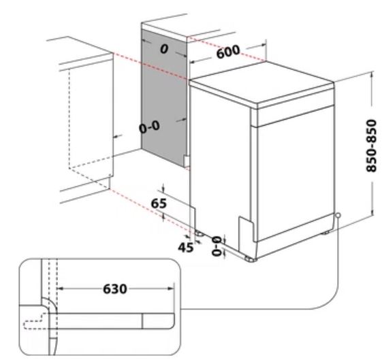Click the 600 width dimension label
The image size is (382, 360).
(x=228, y=52)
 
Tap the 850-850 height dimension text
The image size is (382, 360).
(x=372, y=146)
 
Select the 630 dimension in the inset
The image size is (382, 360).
(x=115, y=289)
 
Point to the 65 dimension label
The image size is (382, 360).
(x=159, y=203)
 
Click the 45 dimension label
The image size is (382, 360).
(x=186, y=248)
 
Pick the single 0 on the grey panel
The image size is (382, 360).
(x=164, y=49)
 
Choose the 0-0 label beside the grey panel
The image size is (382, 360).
(x=149, y=127)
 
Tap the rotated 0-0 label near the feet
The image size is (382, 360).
(x=217, y=246)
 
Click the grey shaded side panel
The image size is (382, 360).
(x=164, y=97)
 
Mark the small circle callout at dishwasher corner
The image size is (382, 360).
(x=338, y=215)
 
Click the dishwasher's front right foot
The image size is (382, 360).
(x=251, y=259)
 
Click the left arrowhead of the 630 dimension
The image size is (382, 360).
(x=60, y=289)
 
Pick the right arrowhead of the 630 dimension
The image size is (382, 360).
(x=172, y=289)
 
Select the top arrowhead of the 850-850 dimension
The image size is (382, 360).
(x=372, y=74)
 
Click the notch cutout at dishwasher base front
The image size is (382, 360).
(x=246, y=233)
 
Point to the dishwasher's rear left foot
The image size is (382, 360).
(x=200, y=233)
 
